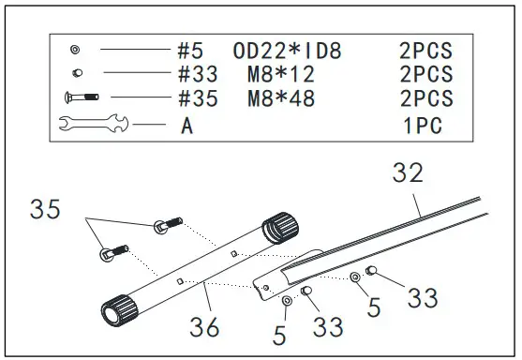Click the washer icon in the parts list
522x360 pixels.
[75, 50]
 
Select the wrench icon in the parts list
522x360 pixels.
[94, 123]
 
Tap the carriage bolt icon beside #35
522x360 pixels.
[82, 97]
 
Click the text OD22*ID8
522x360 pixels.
[287, 51]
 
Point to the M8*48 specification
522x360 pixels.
[281, 98]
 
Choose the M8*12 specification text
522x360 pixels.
[281, 74]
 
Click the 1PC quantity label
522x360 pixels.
[423, 126]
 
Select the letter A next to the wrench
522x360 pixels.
[187, 126]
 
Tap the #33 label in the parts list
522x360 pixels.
[198, 74]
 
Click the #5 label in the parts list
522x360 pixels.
[190, 51]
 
